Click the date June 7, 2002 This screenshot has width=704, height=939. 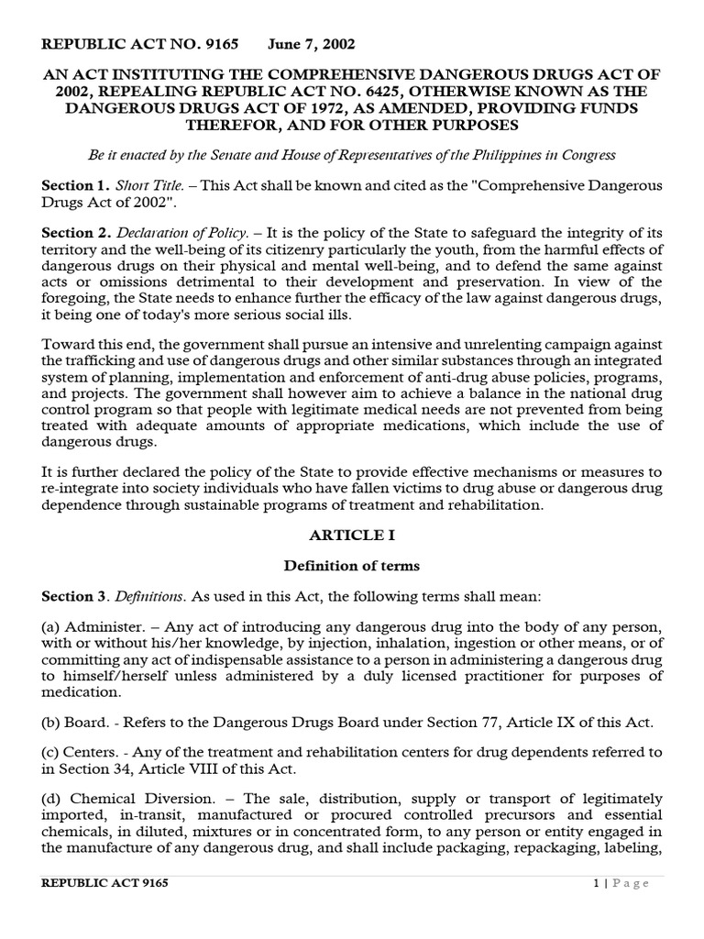tap(312, 44)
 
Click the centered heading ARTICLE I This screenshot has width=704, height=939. tap(352, 534)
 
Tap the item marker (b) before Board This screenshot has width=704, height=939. tap(50, 722)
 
